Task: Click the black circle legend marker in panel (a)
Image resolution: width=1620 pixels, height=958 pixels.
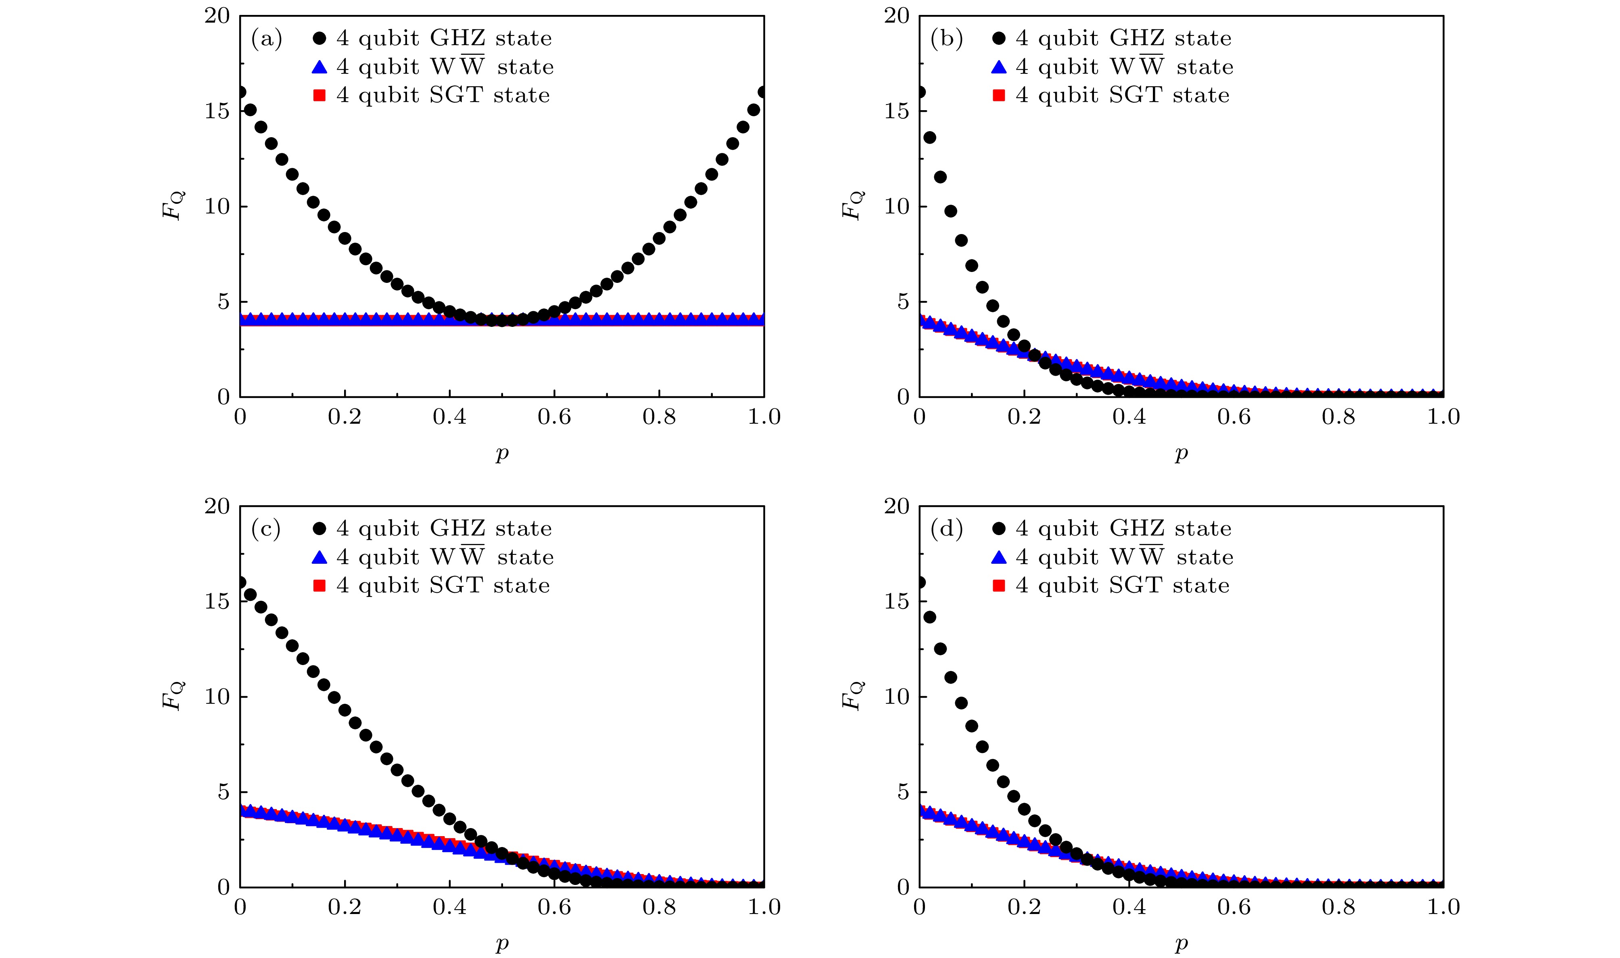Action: (319, 39)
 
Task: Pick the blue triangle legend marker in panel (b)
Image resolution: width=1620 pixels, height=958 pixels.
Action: (999, 67)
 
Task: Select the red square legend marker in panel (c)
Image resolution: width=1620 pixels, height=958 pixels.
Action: (319, 586)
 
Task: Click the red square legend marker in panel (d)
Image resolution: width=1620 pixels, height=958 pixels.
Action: (999, 586)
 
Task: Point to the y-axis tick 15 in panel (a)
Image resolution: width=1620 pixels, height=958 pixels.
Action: (217, 111)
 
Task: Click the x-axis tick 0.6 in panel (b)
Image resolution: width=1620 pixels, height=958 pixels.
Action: (1234, 417)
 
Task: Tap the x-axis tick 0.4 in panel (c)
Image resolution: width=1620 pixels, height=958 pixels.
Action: (450, 907)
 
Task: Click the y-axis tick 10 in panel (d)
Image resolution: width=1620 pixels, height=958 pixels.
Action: (897, 697)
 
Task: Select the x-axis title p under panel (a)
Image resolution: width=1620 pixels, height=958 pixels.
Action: (502, 454)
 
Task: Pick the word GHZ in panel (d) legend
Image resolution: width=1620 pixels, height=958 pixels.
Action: (1137, 529)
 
